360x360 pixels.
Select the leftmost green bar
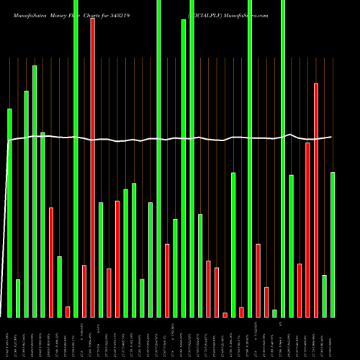point(9,212)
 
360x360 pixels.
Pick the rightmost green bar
point(333,244)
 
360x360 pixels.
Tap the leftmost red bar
point(51,262)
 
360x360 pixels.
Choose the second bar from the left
point(18,298)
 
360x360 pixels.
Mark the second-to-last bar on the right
point(324,295)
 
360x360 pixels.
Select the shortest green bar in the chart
point(274,312)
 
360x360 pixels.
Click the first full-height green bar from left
point(76,158)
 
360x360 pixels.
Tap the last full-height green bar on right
point(283,158)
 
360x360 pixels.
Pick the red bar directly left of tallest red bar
point(84,291)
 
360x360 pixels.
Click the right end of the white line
point(331,137)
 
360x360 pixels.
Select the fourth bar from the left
point(35,191)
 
